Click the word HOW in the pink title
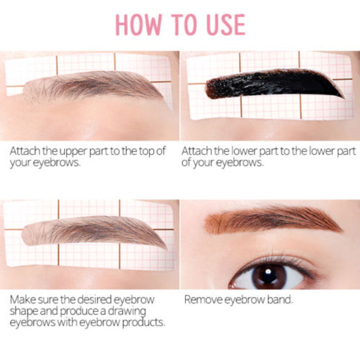pyautogui.click(x=139, y=25)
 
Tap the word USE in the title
pyautogui.click(x=226, y=25)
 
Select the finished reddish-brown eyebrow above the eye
pyautogui.click(x=273, y=220)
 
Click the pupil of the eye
pyautogui.click(x=269, y=275)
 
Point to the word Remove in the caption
pyautogui.click(x=203, y=300)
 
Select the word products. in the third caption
pyautogui.click(x=144, y=323)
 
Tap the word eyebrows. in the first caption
pyautogui.click(x=57, y=162)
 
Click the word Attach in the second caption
pyautogui.click(x=197, y=151)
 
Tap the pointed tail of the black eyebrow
pyautogui.click(x=344, y=98)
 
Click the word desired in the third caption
pyautogui.click(x=95, y=300)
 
